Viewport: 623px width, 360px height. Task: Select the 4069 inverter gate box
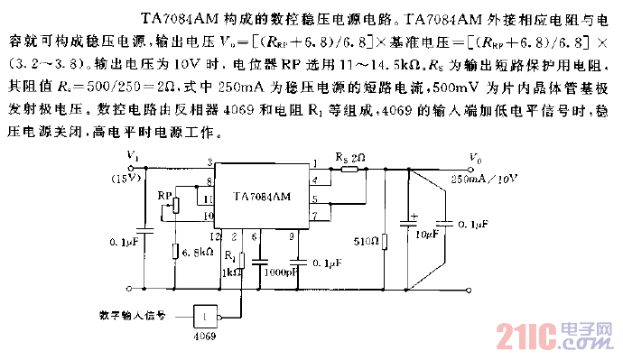click(208, 315)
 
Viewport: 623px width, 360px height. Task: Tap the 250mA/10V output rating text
click(486, 180)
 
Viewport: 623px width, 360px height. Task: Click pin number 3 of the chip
click(209, 162)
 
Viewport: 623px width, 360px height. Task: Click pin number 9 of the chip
click(291, 235)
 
